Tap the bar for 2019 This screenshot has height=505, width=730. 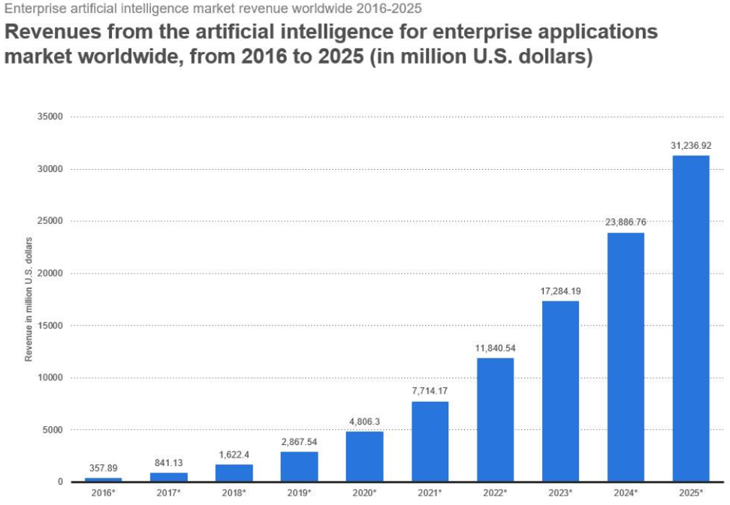pos(299,466)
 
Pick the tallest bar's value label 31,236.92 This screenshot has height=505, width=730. pos(690,145)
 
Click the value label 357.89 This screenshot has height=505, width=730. pos(103,468)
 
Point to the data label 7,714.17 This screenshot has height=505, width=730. pos(430,392)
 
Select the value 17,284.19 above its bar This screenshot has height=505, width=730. pos(560,290)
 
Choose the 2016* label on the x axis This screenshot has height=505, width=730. pos(103,492)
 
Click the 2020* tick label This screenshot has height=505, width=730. pos(364,492)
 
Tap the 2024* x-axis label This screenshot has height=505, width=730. pos(626,492)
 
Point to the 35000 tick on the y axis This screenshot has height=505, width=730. pos(50,117)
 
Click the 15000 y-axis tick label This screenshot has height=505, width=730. pos(50,325)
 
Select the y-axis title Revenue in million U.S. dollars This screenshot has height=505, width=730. pos(29,299)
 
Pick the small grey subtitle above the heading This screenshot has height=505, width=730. pos(213,9)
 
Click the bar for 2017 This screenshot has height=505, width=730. pos(168,476)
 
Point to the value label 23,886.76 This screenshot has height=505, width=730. pos(626,222)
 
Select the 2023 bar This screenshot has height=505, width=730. pos(560,391)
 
